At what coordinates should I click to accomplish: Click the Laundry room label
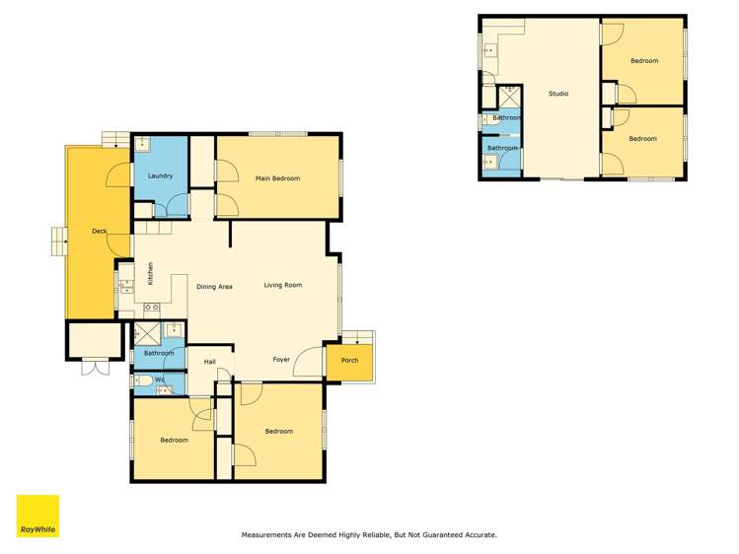pos(160,176)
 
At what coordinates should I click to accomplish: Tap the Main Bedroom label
pos(277,178)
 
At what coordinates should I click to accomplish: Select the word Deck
pos(99,232)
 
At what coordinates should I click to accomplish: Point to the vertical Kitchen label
pos(150,273)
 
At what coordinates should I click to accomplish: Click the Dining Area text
pos(214,287)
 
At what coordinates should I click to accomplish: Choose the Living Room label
pos(282,286)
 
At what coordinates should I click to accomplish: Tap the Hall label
pos(209,363)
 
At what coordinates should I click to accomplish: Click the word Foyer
pos(281,360)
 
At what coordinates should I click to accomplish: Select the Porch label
pos(349,361)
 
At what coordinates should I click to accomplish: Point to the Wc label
pos(160,380)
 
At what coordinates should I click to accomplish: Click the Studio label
pos(558,94)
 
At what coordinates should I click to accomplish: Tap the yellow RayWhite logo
pos(37,516)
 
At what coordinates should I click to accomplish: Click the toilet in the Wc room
pos(142,381)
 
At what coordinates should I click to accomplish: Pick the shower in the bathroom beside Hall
pos(147,333)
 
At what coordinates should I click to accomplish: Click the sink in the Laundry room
pos(142,144)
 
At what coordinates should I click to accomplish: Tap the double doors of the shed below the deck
pos(94,368)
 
